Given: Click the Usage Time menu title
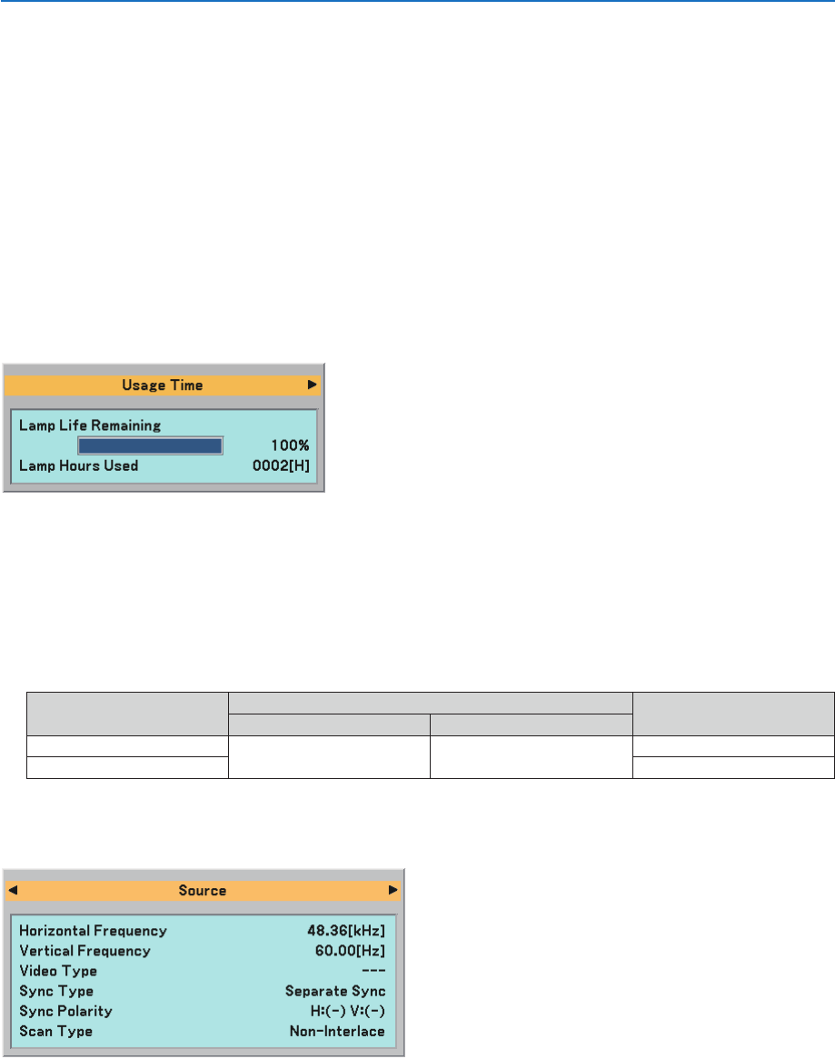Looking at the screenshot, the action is pyautogui.click(x=163, y=385).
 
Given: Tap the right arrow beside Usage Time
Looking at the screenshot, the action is pyautogui.click(x=312, y=385).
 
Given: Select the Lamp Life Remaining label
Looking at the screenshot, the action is pyautogui.click(x=90, y=425).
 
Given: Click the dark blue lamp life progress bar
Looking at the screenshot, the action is pyautogui.click(x=150, y=445).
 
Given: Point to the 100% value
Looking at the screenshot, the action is pyautogui.click(x=291, y=446).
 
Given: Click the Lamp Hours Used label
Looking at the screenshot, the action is pyautogui.click(x=79, y=465).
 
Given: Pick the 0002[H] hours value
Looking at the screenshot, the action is pyautogui.click(x=282, y=465).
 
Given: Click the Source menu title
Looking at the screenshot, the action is pyautogui.click(x=203, y=891).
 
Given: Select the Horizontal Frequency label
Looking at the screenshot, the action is pyautogui.click(x=94, y=931).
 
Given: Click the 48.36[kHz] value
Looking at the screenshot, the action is pyautogui.click(x=346, y=931).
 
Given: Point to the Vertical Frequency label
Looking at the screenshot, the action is pyautogui.click(x=85, y=951).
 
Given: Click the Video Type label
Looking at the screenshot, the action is pyautogui.click(x=58, y=971).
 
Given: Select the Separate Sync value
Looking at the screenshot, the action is pyautogui.click(x=335, y=991).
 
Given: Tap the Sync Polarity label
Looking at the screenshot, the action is pyautogui.click(x=65, y=1011).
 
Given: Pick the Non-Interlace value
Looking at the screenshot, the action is pyautogui.click(x=337, y=1031).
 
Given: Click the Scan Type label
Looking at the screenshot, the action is pyautogui.click(x=56, y=1031).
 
